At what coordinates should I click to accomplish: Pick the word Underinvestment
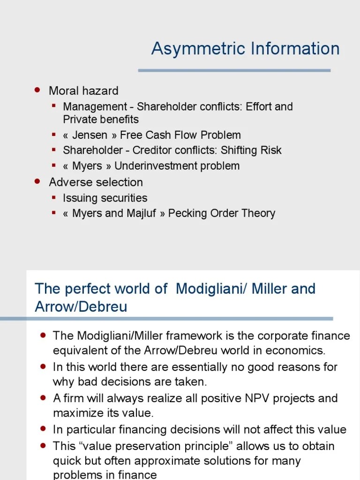click(x=156, y=166)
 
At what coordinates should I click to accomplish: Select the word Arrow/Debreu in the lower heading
click(x=81, y=307)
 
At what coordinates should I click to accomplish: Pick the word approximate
click(x=179, y=461)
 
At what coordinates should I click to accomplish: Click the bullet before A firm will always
click(x=44, y=397)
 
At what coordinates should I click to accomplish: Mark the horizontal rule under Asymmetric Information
click(x=234, y=70)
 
